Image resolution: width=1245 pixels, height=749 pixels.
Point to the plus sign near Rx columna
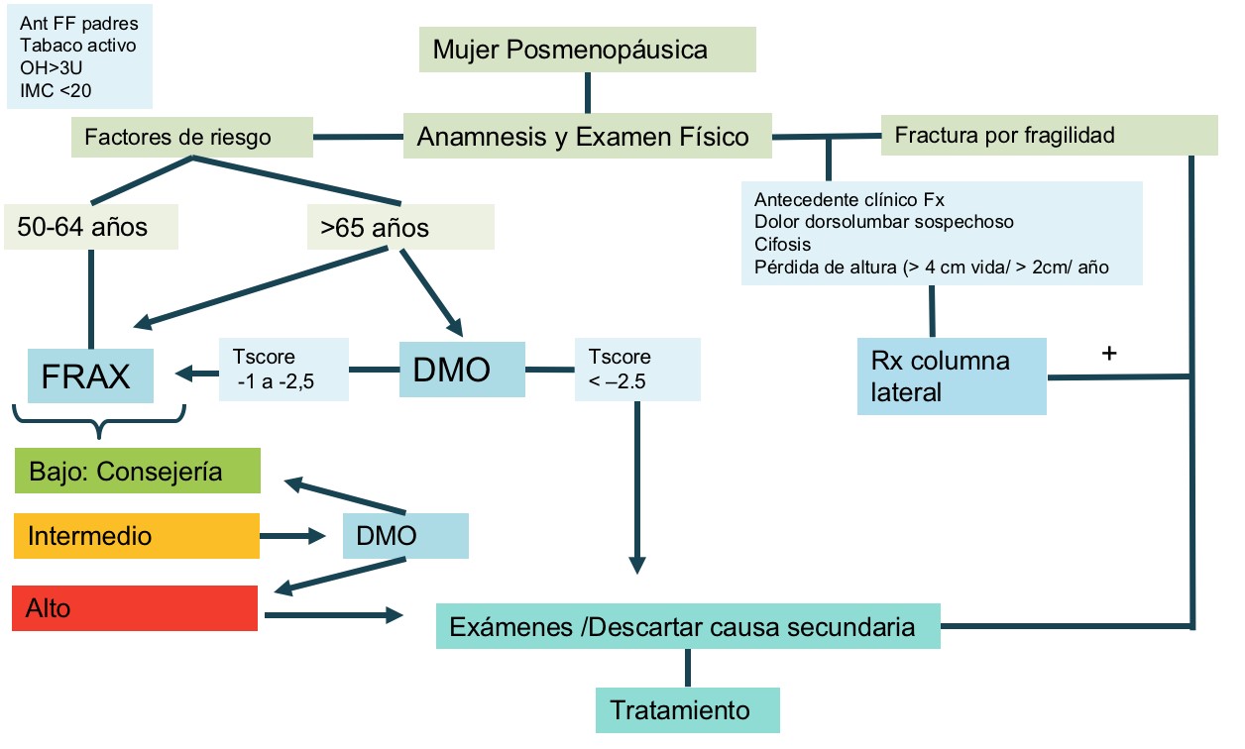click(x=1109, y=353)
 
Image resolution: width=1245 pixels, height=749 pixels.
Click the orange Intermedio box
click(x=137, y=536)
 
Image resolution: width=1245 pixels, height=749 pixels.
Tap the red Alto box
click(x=135, y=607)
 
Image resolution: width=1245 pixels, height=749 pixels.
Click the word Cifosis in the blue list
click(x=781, y=245)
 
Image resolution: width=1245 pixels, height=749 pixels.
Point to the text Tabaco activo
click(x=78, y=45)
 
